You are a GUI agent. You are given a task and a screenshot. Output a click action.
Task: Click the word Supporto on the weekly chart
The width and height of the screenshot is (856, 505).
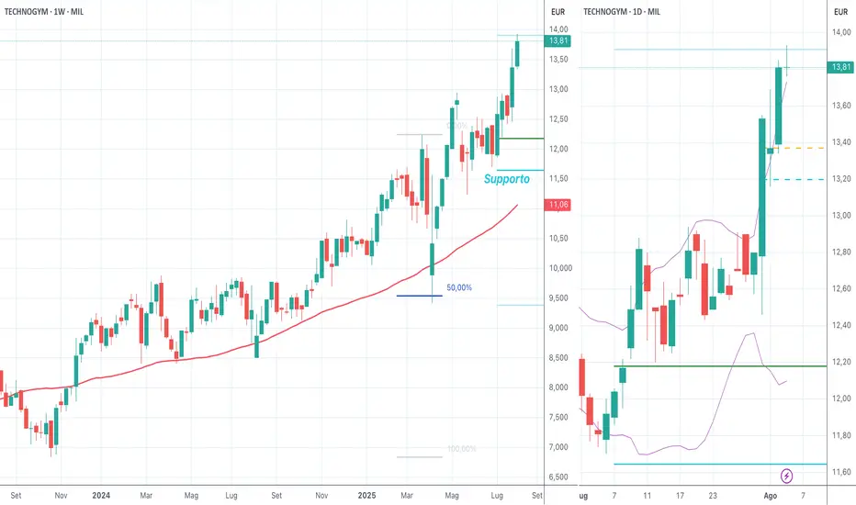[501, 180]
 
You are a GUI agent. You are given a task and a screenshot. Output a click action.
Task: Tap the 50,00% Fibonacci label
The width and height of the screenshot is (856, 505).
[459, 287]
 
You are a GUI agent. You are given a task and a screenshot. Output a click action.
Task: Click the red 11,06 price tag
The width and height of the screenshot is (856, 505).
[558, 205]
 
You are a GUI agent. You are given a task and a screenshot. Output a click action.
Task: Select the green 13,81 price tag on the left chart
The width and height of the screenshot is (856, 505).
[558, 41]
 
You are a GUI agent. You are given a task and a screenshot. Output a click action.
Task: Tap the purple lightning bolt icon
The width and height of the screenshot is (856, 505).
[787, 476]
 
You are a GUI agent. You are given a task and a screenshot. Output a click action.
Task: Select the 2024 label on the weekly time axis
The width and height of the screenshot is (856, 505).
[102, 496]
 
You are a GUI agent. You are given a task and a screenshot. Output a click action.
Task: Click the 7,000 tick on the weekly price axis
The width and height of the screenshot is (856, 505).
[558, 447]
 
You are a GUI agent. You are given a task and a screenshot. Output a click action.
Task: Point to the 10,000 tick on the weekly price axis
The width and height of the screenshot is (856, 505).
[558, 268]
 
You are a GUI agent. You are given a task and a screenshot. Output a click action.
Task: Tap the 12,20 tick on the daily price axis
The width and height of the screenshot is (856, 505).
[840, 362]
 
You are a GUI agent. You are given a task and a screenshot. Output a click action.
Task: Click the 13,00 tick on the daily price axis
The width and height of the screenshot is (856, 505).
[840, 216]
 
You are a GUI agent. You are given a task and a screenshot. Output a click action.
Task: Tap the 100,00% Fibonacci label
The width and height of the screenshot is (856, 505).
[462, 449]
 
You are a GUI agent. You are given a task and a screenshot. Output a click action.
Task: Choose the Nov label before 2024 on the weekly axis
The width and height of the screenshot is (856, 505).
[61, 496]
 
